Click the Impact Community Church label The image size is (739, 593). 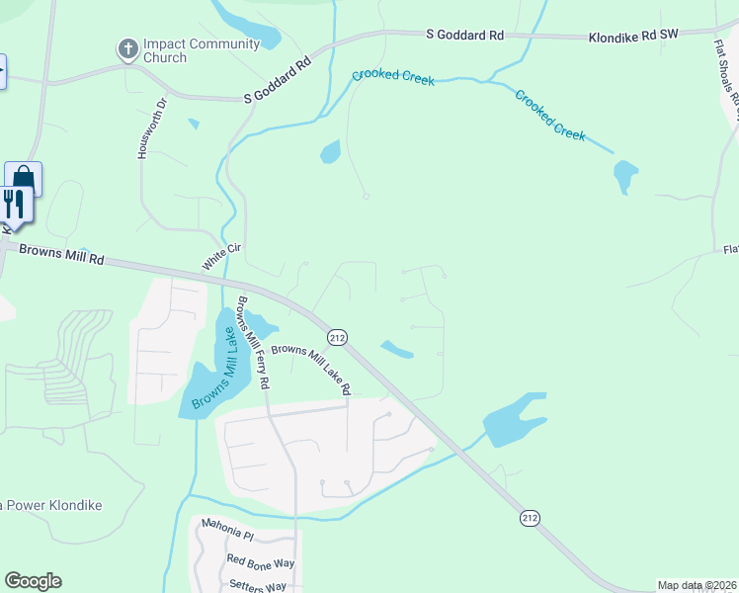[202, 50]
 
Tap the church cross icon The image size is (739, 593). [127, 48]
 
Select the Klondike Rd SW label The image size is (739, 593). [633, 35]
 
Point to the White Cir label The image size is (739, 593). [222, 258]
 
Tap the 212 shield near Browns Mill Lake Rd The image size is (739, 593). [338, 338]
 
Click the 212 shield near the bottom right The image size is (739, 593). [531, 518]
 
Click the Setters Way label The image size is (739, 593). [257, 586]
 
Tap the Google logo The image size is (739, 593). [33, 581]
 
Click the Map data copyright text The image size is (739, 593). [697, 585]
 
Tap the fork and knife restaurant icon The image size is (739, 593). [14, 205]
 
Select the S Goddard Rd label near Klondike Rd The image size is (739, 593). [465, 35]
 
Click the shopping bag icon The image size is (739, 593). [25, 178]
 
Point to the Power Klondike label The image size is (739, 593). [54, 505]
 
